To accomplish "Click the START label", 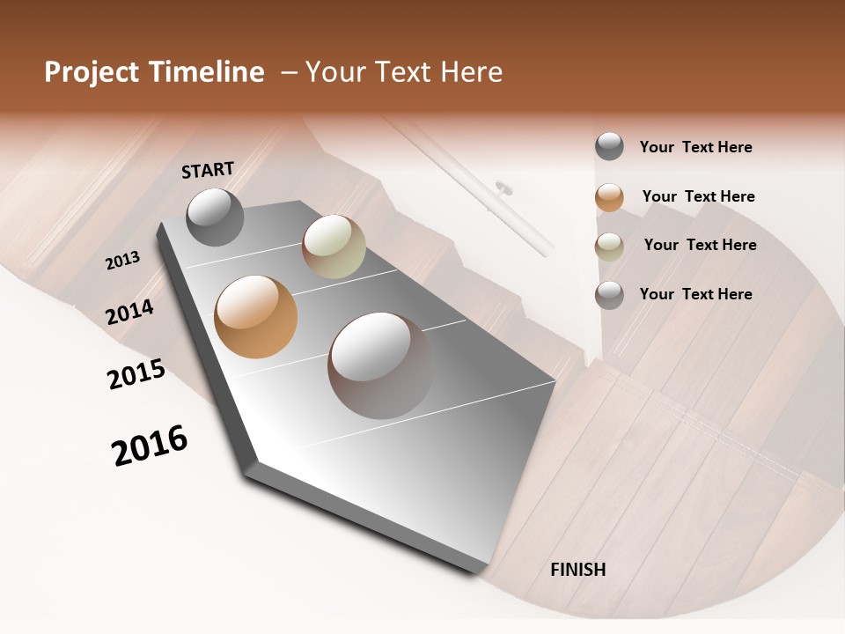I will coord(208,170).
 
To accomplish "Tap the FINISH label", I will coord(578,570).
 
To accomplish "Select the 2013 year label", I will coord(122,261).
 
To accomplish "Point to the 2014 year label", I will coord(129,312).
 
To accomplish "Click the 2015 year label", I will coord(136,374).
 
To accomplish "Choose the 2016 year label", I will coord(150,446).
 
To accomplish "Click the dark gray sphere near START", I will coord(215,217).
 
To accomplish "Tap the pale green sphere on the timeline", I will coord(334,247).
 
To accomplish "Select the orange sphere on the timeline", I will coord(256,317).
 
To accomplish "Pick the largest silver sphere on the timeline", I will coord(381,365).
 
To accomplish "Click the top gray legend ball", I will coord(609,147).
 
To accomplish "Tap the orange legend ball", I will coord(609,197).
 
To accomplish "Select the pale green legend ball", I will coord(609,247).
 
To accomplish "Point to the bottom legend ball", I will coord(609,295).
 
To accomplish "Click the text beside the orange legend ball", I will coord(698,196).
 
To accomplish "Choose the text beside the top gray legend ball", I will coord(695,147).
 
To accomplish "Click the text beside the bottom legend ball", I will coord(695,294).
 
